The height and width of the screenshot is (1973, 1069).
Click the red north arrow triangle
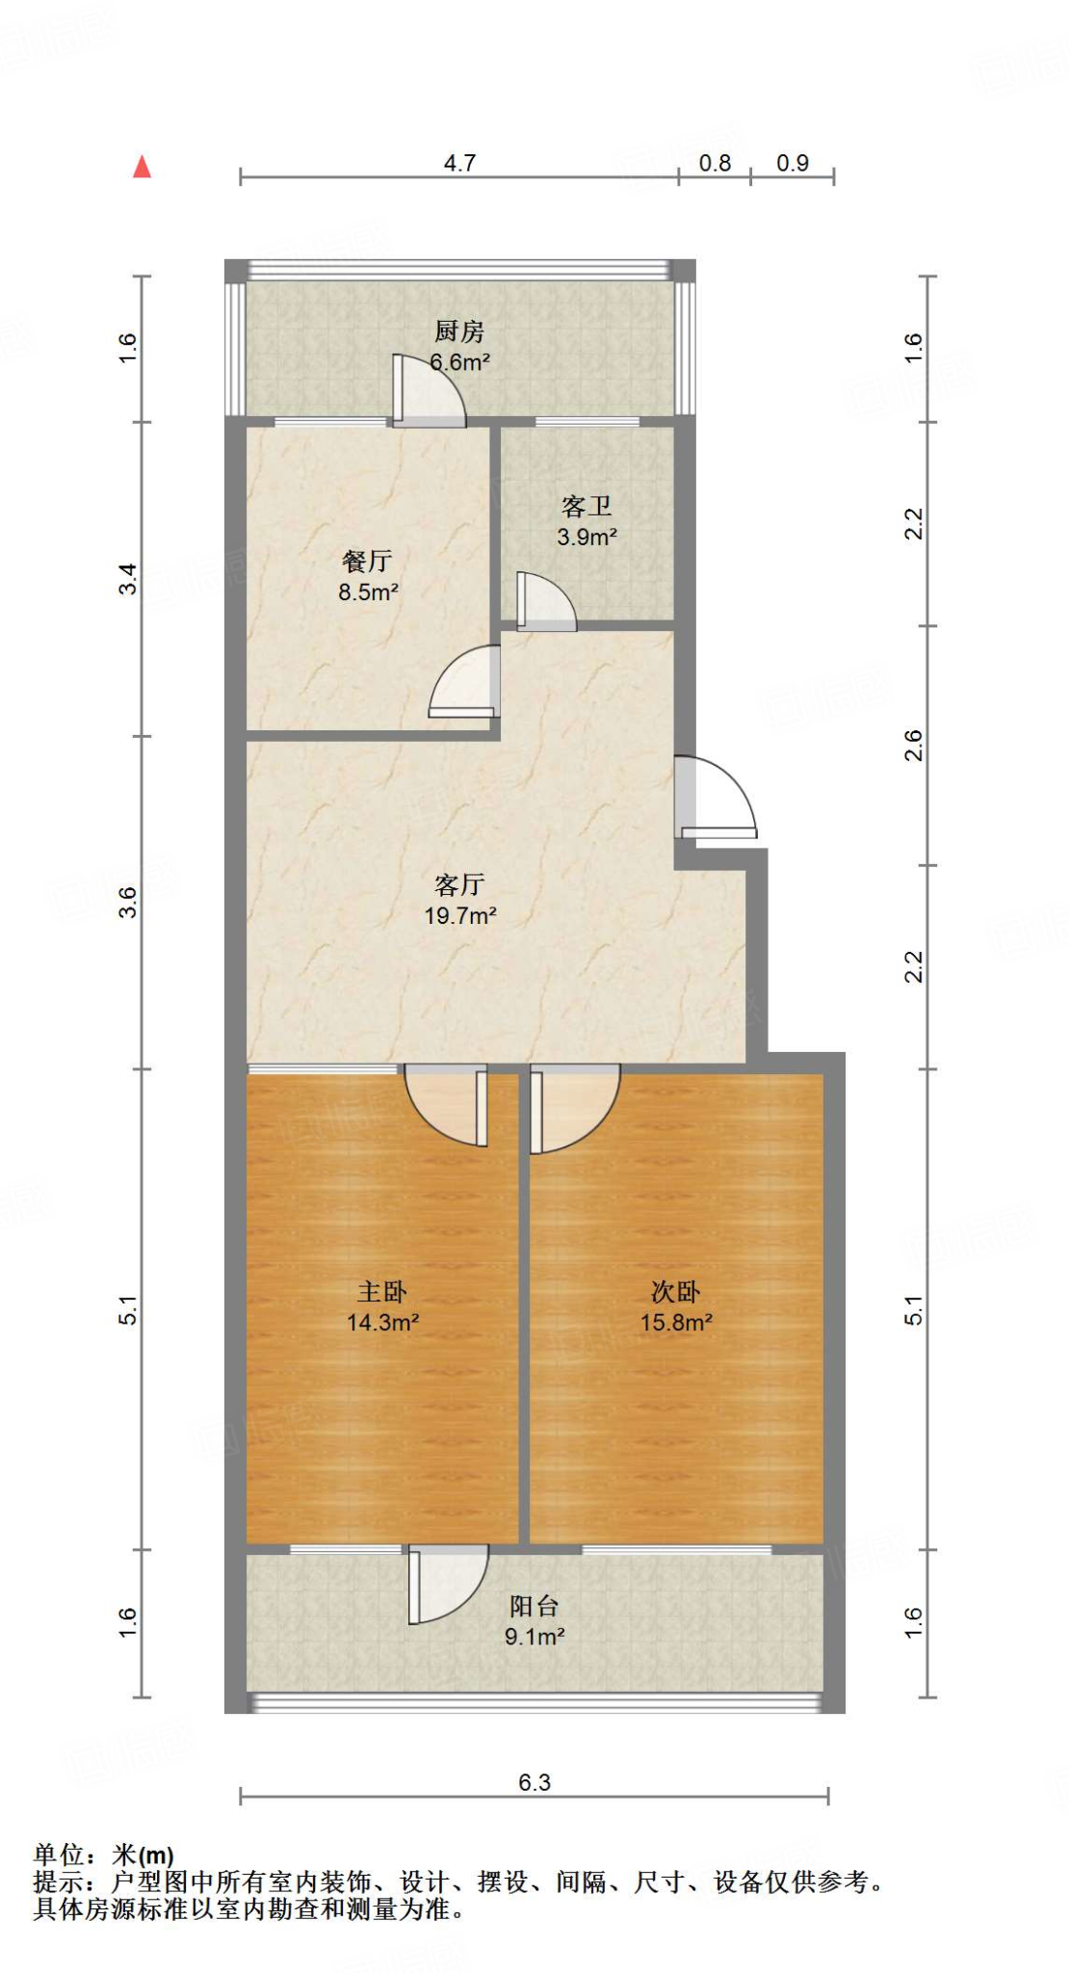[x=143, y=167]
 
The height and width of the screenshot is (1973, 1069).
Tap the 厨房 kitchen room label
[x=459, y=331]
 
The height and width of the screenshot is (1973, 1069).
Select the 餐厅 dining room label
[x=367, y=561]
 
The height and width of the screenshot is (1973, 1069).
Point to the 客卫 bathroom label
[x=587, y=506]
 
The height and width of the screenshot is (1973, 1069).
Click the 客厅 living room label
[x=459, y=884]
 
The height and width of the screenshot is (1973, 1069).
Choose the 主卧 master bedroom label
[x=382, y=1291]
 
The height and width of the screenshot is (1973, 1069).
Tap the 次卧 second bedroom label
[x=676, y=1291]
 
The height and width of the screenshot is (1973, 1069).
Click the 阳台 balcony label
[x=534, y=1606]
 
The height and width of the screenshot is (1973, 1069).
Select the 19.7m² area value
[x=460, y=915]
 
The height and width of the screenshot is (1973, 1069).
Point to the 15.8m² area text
[x=676, y=1322]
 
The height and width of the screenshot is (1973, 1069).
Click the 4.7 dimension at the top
[x=459, y=163]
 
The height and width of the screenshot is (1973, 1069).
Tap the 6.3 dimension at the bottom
[x=534, y=1782]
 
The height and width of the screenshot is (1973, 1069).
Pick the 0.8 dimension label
[x=715, y=163]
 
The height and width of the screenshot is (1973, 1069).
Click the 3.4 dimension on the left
[x=128, y=579]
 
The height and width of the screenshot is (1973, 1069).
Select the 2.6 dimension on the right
[x=913, y=746]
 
